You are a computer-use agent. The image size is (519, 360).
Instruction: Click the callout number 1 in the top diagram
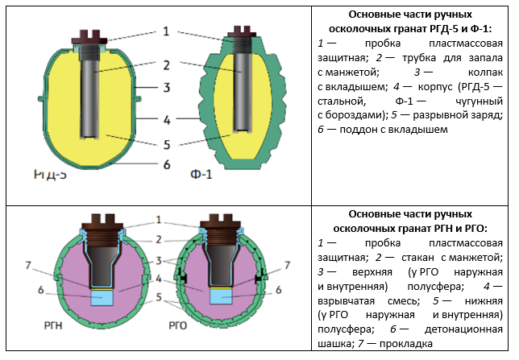[x=164, y=31]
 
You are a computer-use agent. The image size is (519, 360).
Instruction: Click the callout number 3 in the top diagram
[x=164, y=86]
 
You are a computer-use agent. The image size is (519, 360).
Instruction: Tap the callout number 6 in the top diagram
[x=164, y=164]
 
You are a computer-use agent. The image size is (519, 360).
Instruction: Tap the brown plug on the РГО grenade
[x=221, y=221]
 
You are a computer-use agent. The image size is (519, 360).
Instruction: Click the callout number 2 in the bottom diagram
[x=160, y=239]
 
